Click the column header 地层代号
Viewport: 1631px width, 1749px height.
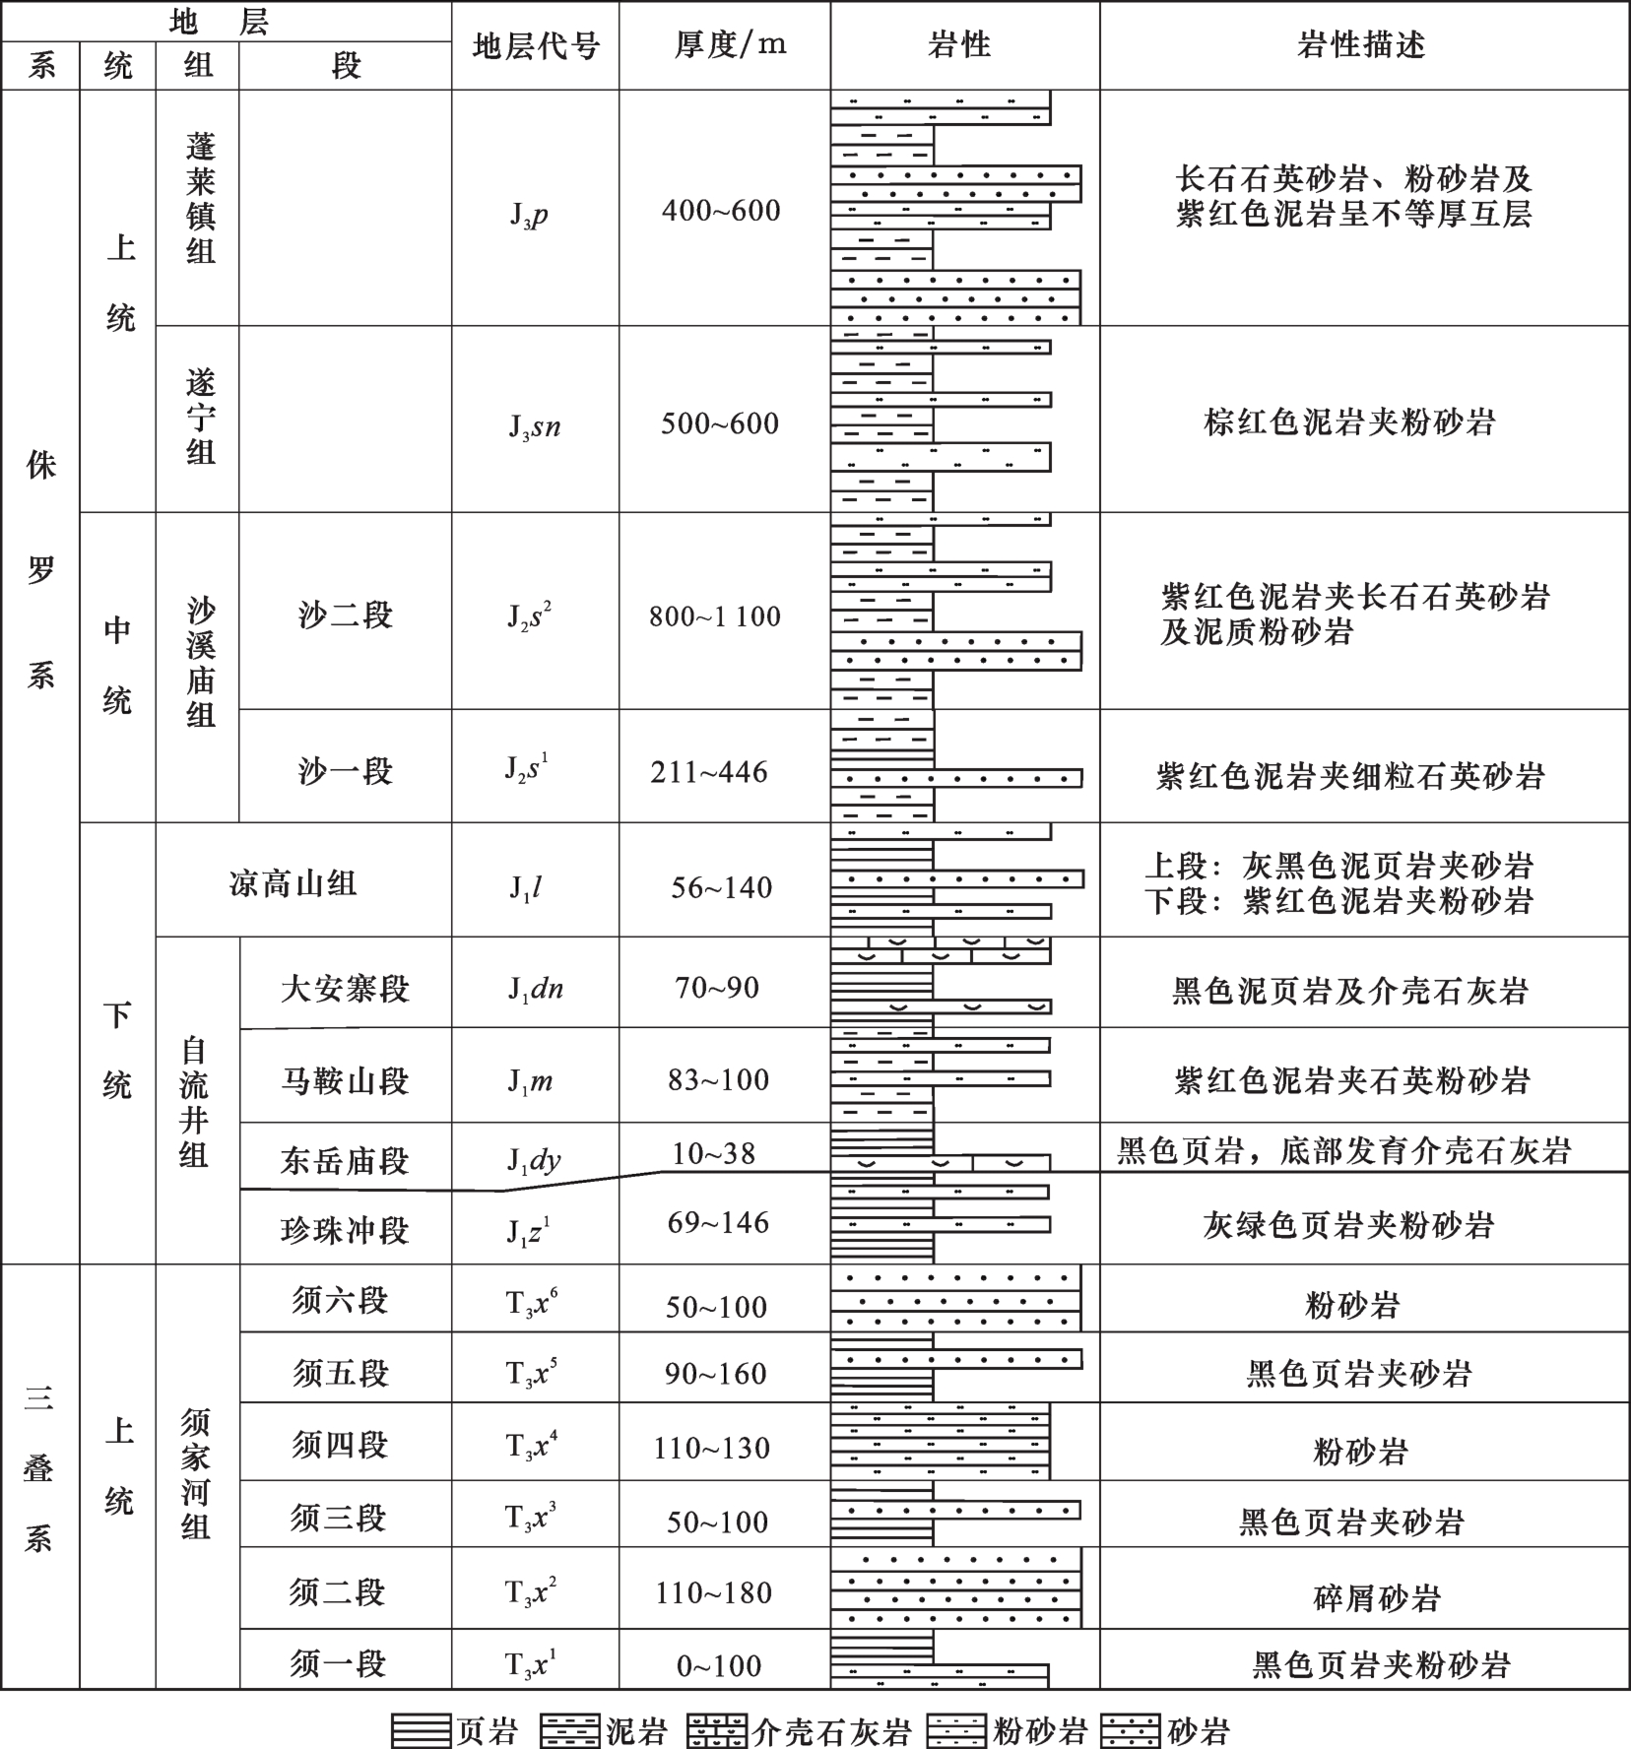[x=536, y=46]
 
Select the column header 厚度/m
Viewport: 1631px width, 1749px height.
[x=730, y=45]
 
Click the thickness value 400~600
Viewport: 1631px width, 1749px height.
[x=721, y=211]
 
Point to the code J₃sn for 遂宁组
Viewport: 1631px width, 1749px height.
[x=534, y=425]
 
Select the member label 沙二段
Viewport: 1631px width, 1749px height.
[x=345, y=615]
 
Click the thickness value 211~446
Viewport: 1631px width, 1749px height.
[x=709, y=773]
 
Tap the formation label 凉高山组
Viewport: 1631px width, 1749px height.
[x=293, y=884]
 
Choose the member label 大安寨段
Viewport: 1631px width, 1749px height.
[x=345, y=989]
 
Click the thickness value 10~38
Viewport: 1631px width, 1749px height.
[x=714, y=1153]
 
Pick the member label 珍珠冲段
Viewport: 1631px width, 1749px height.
[x=345, y=1230]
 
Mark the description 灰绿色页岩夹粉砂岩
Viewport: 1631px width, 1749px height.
[x=1348, y=1225]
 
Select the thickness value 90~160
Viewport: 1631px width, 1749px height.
[x=715, y=1374]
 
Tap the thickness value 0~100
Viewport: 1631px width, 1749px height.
[x=719, y=1666]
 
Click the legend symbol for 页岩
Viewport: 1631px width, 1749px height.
[x=422, y=1731]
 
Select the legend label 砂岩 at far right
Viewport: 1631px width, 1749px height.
[x=1199, y=1731]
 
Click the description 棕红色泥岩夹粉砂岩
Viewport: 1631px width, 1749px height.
[x=1349, y=423]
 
